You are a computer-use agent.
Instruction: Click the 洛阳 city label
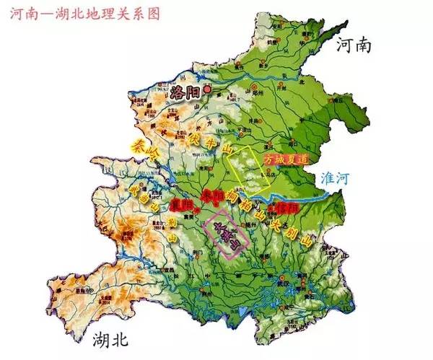[186, 91]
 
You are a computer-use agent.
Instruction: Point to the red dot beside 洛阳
[209, 89]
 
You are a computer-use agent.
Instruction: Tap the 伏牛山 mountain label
[209, 141]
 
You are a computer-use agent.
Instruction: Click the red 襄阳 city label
[184, 205]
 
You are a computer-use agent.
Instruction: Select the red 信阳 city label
[287, 207]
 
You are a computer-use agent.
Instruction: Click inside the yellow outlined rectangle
[249, 164]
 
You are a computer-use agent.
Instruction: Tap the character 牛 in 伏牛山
[209, 141]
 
